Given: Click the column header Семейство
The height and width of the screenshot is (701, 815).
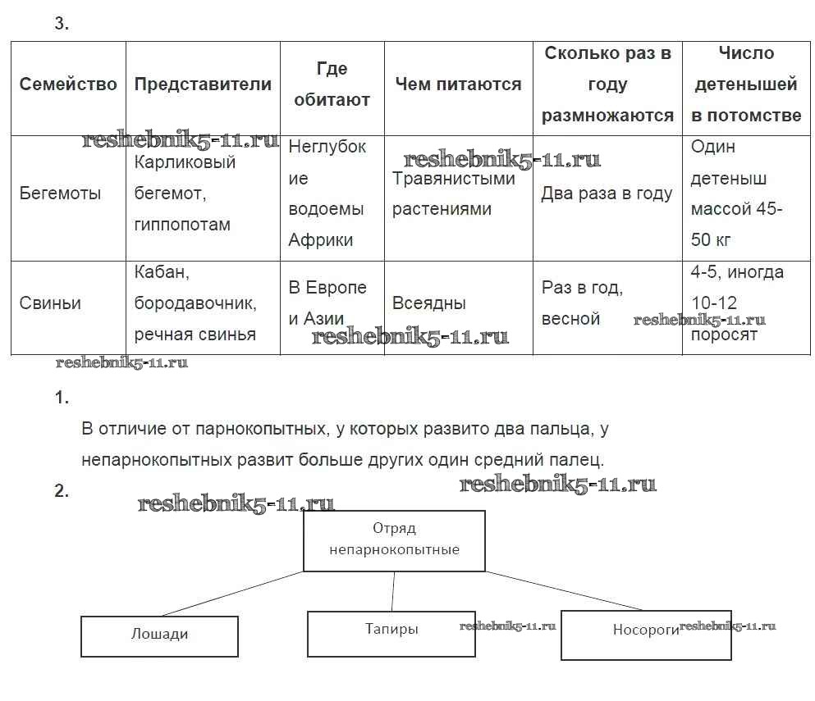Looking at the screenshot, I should coord(68,84).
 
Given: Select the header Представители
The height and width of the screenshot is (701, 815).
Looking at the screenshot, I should coord(203,84).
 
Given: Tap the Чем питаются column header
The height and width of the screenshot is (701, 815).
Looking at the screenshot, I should coord(458,84).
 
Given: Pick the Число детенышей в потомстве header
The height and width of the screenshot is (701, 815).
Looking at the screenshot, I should coord(746,84).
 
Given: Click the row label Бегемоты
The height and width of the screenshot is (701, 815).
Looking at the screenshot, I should coord(61,193).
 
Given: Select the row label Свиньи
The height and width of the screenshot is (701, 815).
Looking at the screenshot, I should coord(51,303).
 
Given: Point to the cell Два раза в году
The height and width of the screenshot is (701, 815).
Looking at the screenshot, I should coord(607,193).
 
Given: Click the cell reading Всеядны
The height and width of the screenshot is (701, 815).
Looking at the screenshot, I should coord(429,303).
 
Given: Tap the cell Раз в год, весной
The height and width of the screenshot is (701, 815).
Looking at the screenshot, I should coord(583,303).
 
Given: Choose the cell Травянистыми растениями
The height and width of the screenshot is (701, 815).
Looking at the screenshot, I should coord(454,193).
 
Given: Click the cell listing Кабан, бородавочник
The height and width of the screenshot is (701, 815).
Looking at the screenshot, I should coord(195,303).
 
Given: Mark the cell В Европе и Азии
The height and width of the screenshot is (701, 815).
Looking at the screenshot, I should coord(327,303).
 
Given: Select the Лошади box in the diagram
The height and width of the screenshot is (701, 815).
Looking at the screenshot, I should coord(159,635).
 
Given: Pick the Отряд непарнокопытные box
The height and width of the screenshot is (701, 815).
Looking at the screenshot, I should coord(394,539).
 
